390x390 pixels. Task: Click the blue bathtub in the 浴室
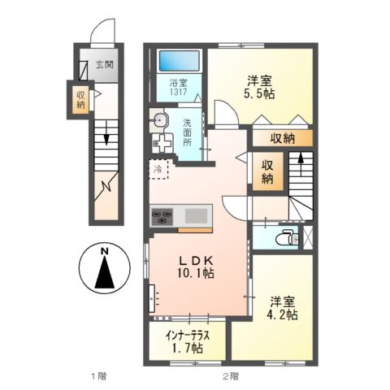pyautogui.click(x=179, y=60)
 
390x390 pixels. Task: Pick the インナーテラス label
pyautogui.click(x=187, y=336)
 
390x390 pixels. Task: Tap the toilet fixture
pyautogui.click(x=285, y=238)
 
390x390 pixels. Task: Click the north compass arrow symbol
pyautogui.click(x=104, y=275)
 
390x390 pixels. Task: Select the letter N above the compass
pyautogui.click(x=104, y=251)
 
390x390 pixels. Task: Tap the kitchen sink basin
pyautogui.click(x=196, y=215)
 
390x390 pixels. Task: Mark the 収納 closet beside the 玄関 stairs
pyautogui.click(x=81, y=100)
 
